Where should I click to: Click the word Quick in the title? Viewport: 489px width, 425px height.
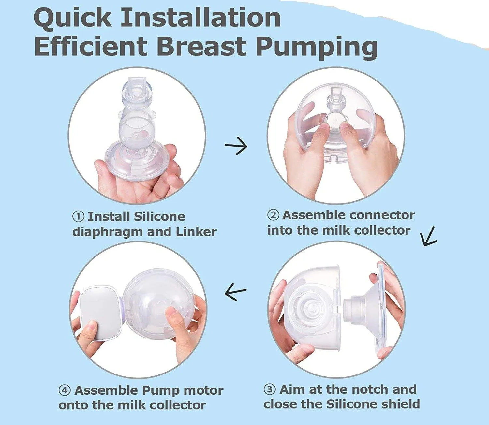[72, 18]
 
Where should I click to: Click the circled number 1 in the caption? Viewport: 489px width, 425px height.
[78, 217]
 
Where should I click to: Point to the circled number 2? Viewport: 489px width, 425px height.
[273, 215]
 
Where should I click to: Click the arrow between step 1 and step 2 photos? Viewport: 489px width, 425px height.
[236, 146]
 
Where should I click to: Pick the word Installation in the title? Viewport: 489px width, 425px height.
[201, 18]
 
